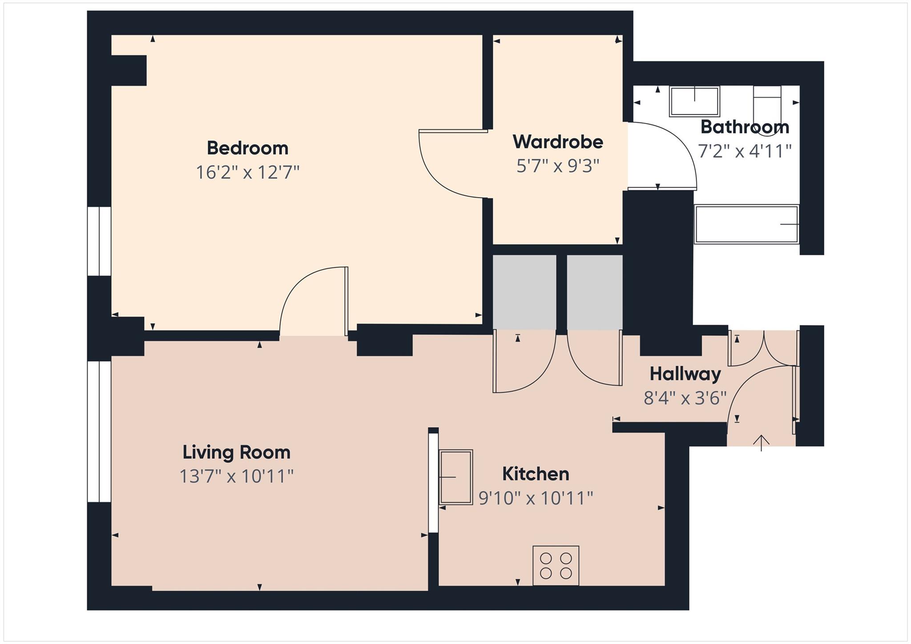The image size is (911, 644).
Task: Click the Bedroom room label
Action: click(247, 148)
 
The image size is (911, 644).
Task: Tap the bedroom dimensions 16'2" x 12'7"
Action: click(247, 172)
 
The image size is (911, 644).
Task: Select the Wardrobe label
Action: click(558, 142)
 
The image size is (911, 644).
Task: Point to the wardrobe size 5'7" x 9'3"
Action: click(558, 166)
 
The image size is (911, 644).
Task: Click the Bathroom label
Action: click(745, 127)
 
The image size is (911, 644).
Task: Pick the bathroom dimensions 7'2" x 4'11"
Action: click(745, 151)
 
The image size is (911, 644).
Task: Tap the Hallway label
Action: click(685, 374)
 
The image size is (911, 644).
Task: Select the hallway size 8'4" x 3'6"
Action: click(685, 398)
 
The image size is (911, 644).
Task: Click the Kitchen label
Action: click(536, 474)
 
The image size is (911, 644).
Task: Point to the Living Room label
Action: click(236, 452)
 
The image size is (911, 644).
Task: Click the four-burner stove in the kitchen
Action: click(556, 565)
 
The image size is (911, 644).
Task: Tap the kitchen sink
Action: click(455, 477)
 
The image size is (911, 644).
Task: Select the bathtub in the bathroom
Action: click(746, 224)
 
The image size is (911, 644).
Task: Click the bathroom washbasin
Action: click(694, 101)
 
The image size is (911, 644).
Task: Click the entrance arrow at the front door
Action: click(762, 443)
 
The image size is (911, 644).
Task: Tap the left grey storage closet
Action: click(524, 292)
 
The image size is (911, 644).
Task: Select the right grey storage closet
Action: click(594, 292)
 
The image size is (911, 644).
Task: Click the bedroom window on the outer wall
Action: click(99, 241)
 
